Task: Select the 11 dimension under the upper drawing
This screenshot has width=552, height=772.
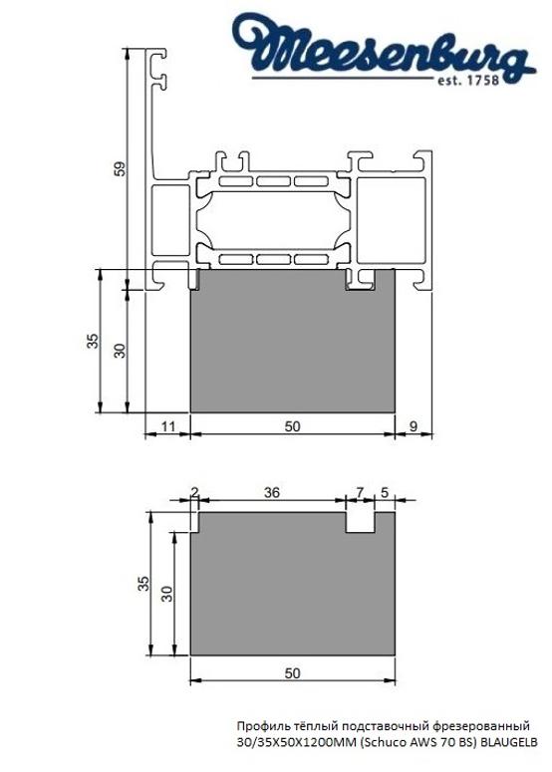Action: pyautogui.click(x=167, y=426)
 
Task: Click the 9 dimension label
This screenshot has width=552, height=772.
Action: pyautogui.click(x=414, y=426)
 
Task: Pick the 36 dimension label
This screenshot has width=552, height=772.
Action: pyautogui.click(x=270, y=491)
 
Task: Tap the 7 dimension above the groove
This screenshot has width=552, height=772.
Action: pyautogui.click(x=359, y=491)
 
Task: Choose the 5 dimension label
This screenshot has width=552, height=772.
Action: pyautogui.click(x=385, y=491)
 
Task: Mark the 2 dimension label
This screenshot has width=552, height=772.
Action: pyautogui.click(x=194, y=491)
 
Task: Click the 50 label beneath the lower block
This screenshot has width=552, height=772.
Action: pyautogui.click(x=291, y=673)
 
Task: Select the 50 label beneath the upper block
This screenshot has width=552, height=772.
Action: pyautogui.click(x=291, y=426)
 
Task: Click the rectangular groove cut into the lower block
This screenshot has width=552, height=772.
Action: pyautogui.click(x=359, y=522)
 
